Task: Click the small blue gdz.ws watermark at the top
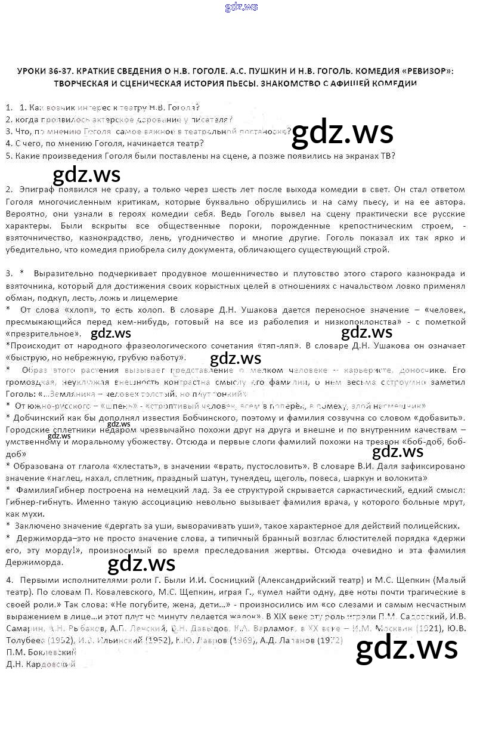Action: [x=241, y=7]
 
